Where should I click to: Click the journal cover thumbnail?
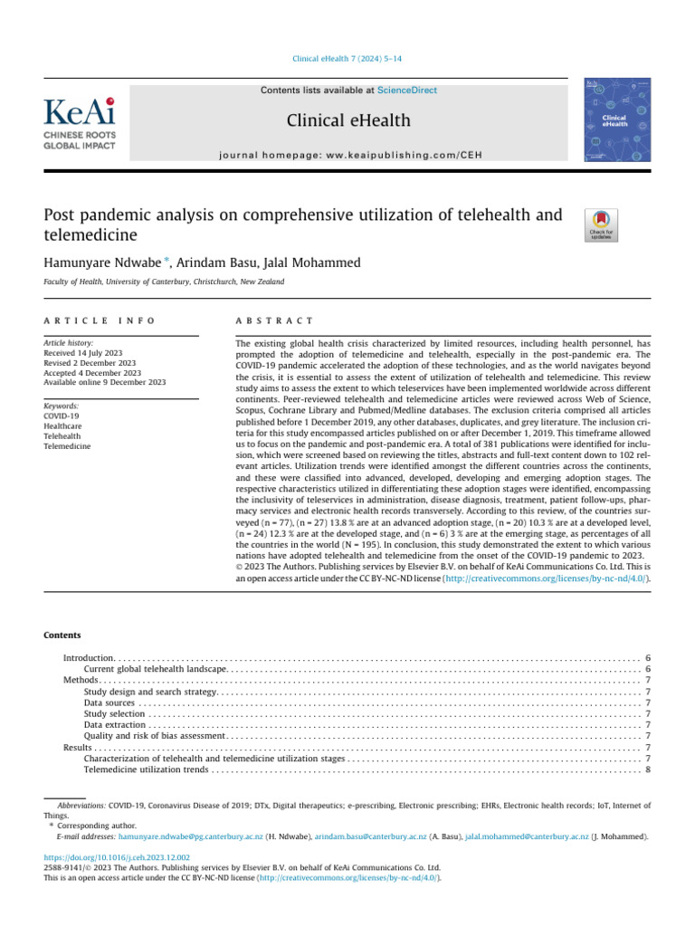611,120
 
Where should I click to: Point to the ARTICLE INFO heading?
100,321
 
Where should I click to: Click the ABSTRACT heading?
274,321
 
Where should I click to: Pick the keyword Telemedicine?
67,447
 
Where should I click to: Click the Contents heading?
62,636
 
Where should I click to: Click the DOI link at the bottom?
117,856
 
